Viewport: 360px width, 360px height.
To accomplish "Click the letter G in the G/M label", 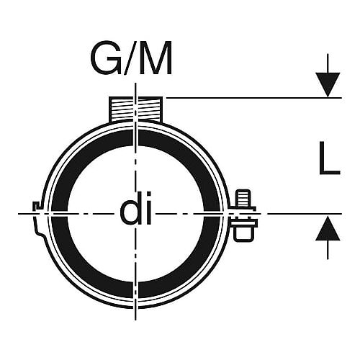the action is point(106,58).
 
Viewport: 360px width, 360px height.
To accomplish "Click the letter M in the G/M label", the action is point(156,58).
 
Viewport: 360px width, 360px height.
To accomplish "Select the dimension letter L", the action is point(330,158).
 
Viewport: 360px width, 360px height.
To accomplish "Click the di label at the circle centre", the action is point(136,208).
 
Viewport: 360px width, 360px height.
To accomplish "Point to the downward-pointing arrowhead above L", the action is point(328,85).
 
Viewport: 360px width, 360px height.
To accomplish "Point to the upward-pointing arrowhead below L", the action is point(328,228).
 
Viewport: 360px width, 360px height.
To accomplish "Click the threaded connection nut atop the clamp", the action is point(135,109).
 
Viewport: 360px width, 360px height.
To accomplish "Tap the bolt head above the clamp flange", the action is point(243,198).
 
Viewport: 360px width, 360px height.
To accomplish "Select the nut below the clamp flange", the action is point(243,233).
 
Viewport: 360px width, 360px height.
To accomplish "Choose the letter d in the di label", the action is point(130,208).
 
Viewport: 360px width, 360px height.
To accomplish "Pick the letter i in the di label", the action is point(149,208).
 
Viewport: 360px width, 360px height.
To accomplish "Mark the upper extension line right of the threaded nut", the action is point(254,98).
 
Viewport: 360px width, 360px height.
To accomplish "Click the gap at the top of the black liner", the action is point(135,138).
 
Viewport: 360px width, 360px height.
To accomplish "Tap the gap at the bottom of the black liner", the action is point(135,289).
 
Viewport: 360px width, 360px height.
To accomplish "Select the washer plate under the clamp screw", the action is point(244,223).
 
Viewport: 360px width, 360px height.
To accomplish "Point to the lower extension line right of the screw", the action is point(305,213).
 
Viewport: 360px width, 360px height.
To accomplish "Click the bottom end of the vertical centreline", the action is point(135,320).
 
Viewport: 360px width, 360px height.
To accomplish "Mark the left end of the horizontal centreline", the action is point(19,213).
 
